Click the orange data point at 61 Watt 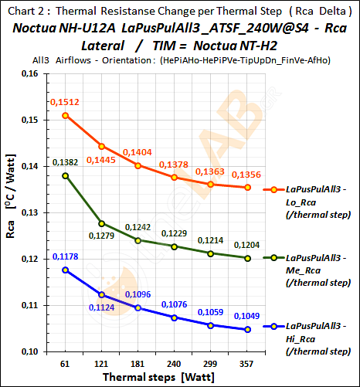click(66, 115)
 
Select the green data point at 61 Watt click(66, 175)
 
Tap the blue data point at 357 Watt click(247, 330)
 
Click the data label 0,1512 click(65, 102)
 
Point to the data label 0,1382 click(66, 162)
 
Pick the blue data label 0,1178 click(66, 256)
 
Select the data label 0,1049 click(247, 317)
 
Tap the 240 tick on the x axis click(175, 362)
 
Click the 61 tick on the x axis click(66, 362)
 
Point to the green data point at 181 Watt click(138, 240)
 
